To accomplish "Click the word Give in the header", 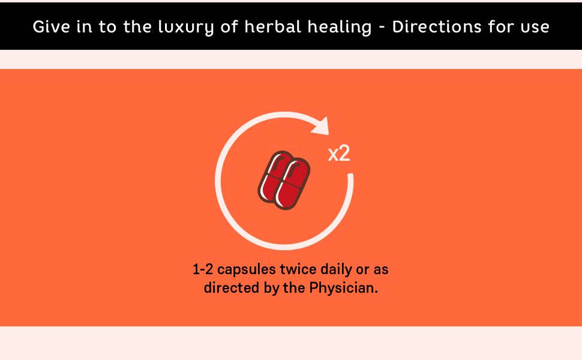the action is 51,27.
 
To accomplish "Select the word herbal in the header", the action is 272,26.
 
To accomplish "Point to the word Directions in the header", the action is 437,26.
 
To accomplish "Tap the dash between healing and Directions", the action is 382,28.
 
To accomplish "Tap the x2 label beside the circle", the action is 339,153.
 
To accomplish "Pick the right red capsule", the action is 293,184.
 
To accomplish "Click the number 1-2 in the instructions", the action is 203,269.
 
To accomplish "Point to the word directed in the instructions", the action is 232,287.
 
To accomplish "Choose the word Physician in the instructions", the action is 343,287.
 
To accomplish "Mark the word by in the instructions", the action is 271,289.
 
